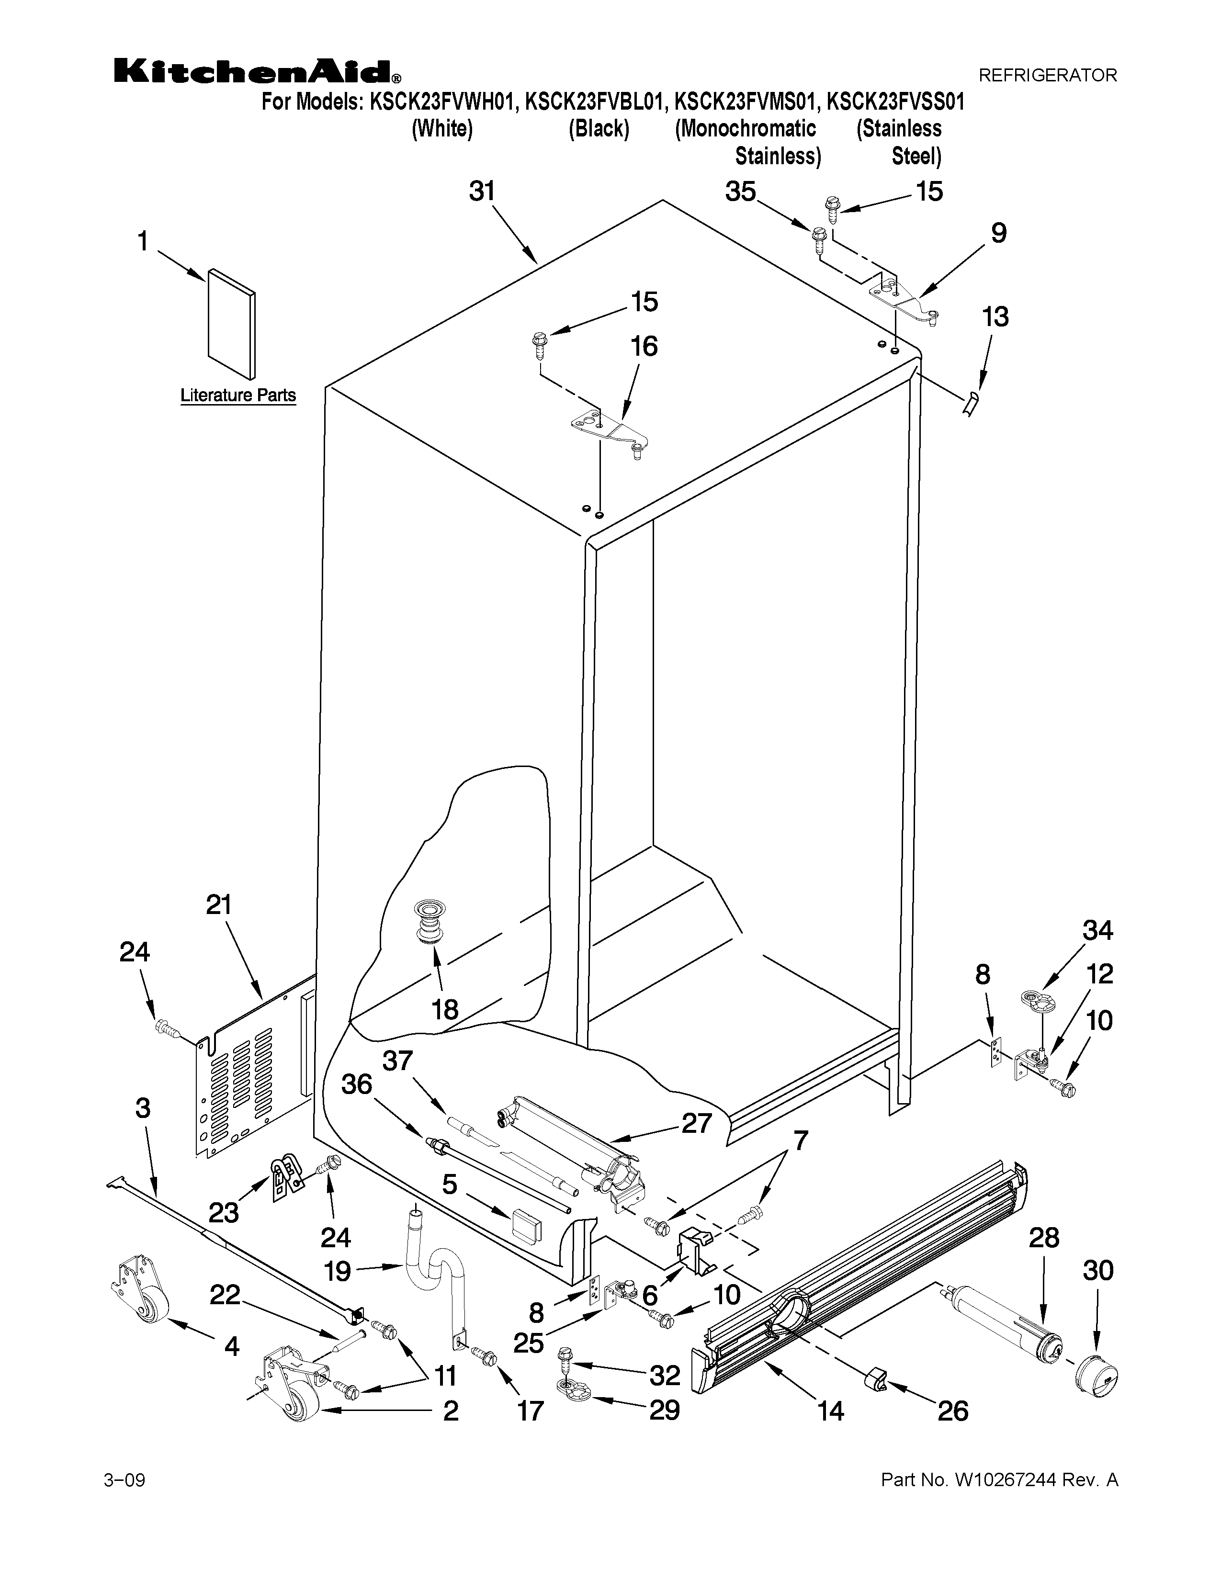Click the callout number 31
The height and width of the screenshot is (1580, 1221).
[483, 191]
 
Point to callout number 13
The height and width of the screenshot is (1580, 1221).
[995, 317]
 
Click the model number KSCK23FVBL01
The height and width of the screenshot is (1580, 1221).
[593, 102]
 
